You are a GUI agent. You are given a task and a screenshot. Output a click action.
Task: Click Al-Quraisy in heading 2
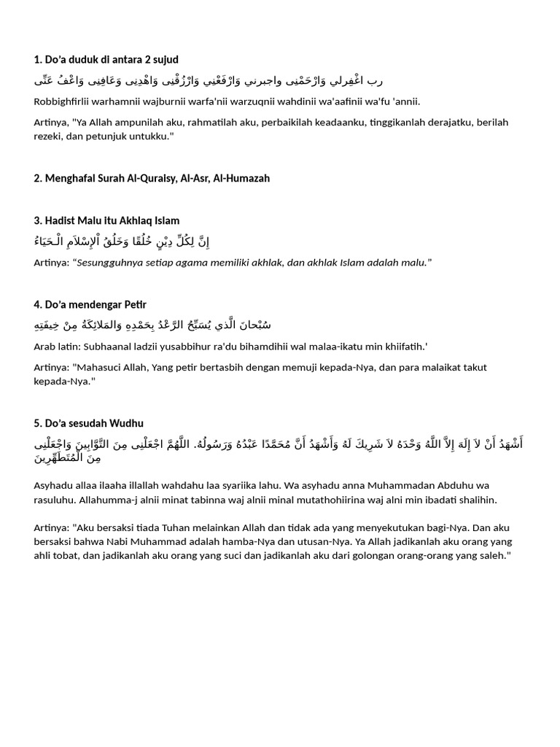[153, 178]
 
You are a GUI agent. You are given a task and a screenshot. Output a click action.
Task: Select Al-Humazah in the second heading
[241, 178]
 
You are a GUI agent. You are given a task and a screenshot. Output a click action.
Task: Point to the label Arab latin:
[59, 346]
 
